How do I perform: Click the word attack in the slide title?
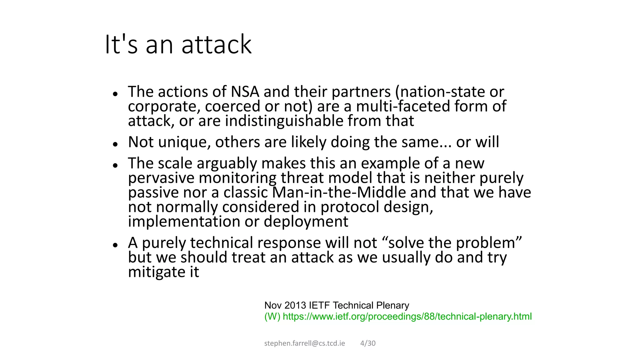pyautogui.click(x=216, y=45)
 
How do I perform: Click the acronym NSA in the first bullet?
pyautogui.click(x=245, y=92)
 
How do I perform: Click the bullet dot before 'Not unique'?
pyautogui.click(x=115, y=144)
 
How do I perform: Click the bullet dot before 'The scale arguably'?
pyautogui.click(x=115, y=165)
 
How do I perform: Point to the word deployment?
pyautogui.click(x=306, y=222)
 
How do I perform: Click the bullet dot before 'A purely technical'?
pyautogui.click(x=115, y=245)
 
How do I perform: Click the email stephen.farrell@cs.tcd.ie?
pyautogui.click(x=304, y=343)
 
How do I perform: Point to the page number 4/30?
pyautogui.click(x=368, y=343)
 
